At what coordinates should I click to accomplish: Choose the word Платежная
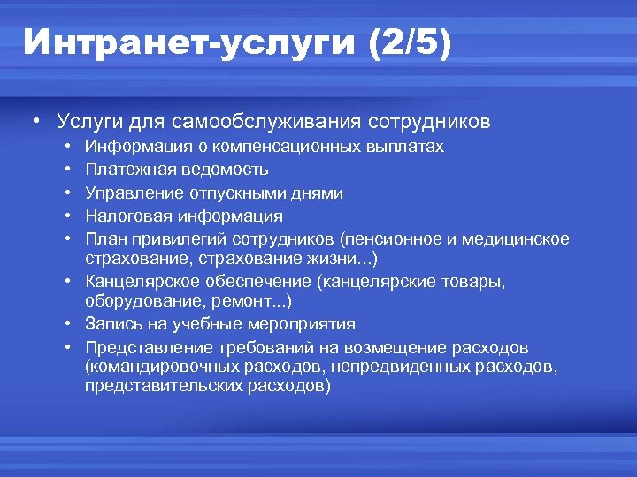125,169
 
